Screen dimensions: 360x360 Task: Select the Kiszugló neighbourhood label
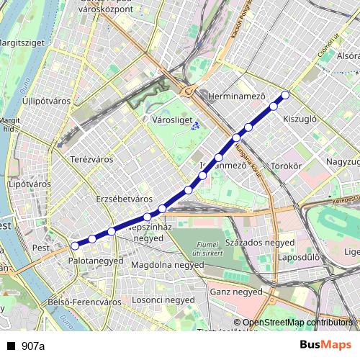pos(300,119)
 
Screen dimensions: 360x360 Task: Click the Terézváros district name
pos(91,158)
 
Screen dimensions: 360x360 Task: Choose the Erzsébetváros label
pos(125,198)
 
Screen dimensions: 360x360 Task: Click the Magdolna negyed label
pos(168,265)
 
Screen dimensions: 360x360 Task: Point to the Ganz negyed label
pos(235,292)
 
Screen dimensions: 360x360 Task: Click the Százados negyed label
pos(260,243)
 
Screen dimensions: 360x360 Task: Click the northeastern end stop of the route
pos(285,94)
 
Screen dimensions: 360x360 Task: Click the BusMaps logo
pos(326,346)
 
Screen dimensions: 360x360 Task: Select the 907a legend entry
pos(33,346)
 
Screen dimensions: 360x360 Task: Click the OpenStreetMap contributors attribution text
pos(297,323)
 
